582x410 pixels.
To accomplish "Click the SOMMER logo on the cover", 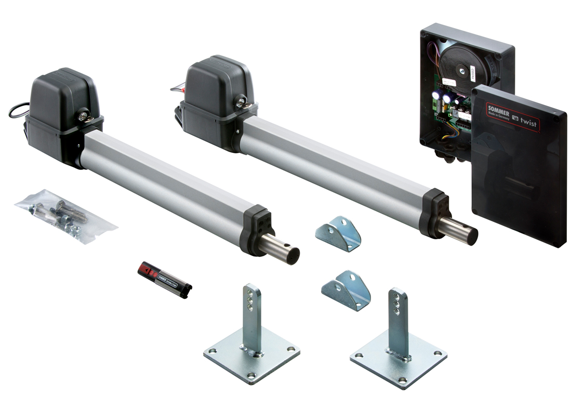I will (499, 110).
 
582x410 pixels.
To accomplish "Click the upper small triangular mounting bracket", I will (338, 234).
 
